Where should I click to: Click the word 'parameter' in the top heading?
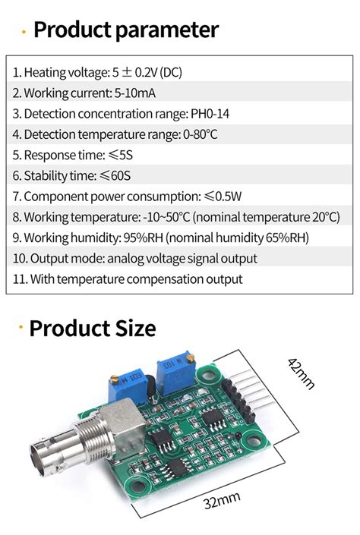[x=166, y=30]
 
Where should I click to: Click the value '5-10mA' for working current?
[x=135, y=93]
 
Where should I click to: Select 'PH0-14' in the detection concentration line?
[x=210, y=114]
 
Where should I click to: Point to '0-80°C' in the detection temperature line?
[x=201, y=134]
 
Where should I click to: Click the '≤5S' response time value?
[x=120, y=156]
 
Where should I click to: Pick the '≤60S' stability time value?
[x=115, y=176]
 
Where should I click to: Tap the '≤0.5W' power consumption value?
[x=223, y=197]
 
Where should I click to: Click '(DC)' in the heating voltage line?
[x=171, y=72]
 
